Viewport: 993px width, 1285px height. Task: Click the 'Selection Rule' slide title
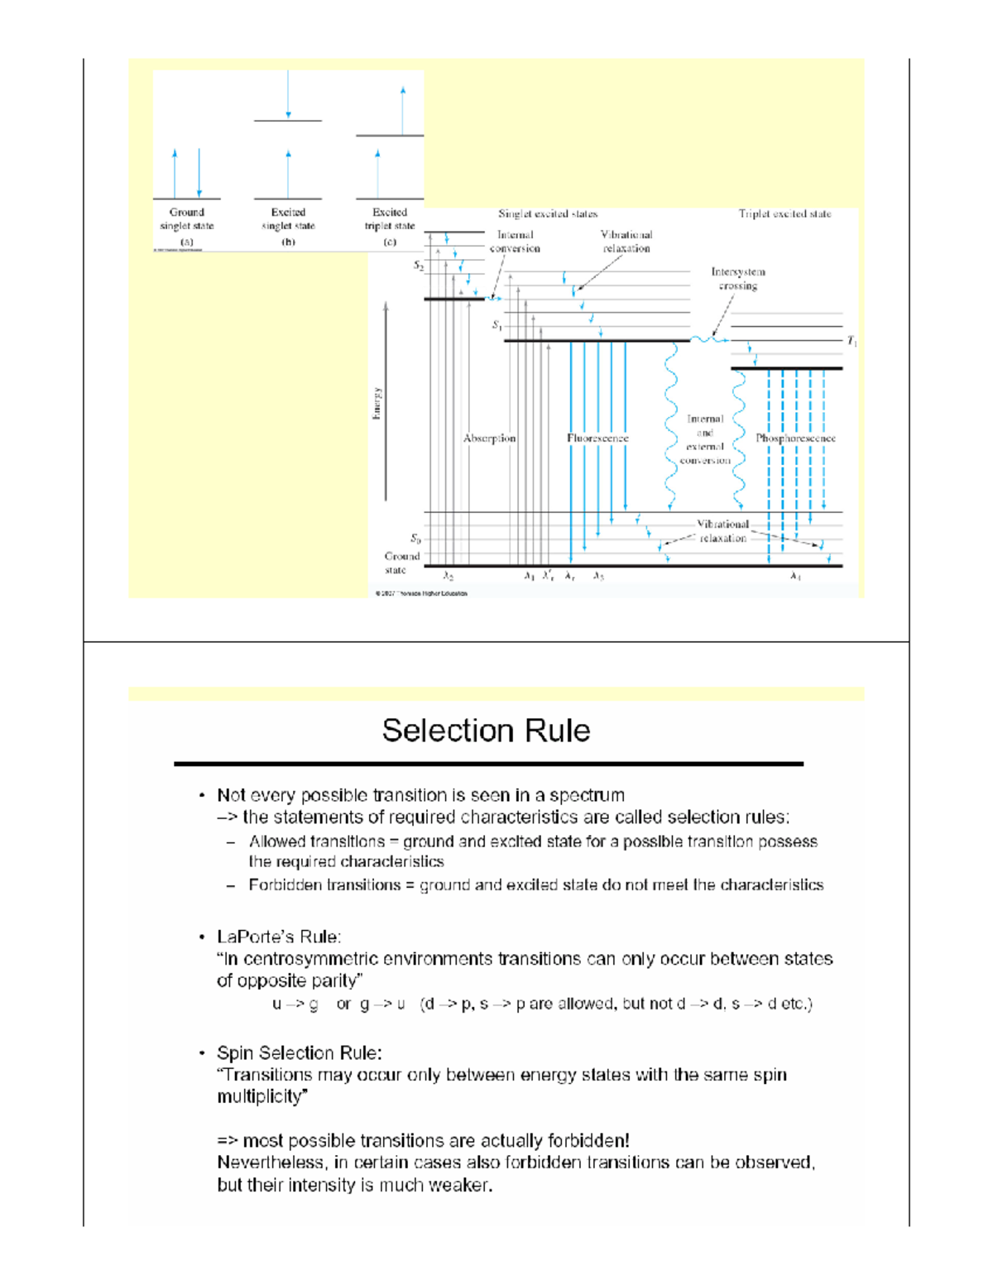tap(486, 731)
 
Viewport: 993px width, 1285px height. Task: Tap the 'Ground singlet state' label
tap(187, 219)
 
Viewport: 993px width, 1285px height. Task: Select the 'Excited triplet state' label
tap(390, 219)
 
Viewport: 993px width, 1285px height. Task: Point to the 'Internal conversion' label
tap(515, 242)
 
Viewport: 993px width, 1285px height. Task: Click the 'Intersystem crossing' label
tap(738, 279)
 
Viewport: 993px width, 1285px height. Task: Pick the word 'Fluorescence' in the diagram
tap(597, 438)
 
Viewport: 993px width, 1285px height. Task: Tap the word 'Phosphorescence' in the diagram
tap(795, 438)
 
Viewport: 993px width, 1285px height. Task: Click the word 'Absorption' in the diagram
tap(489, 438)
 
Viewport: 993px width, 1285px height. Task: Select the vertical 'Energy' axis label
tap(377, 404)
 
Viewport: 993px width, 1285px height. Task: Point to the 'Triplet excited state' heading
tap(784, 213)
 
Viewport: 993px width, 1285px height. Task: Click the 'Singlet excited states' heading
tap(548, 213)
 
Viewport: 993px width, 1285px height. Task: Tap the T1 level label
tap(851, 341)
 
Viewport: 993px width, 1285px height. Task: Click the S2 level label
tap(419, 266)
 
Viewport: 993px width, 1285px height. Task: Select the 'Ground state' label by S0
tap(401, 563)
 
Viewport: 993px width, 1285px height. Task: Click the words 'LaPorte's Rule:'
tap(279, 937)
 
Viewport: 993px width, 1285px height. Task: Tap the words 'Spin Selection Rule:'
tap(299, 1052)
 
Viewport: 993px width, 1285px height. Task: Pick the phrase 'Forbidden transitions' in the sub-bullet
tap(324, 885)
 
